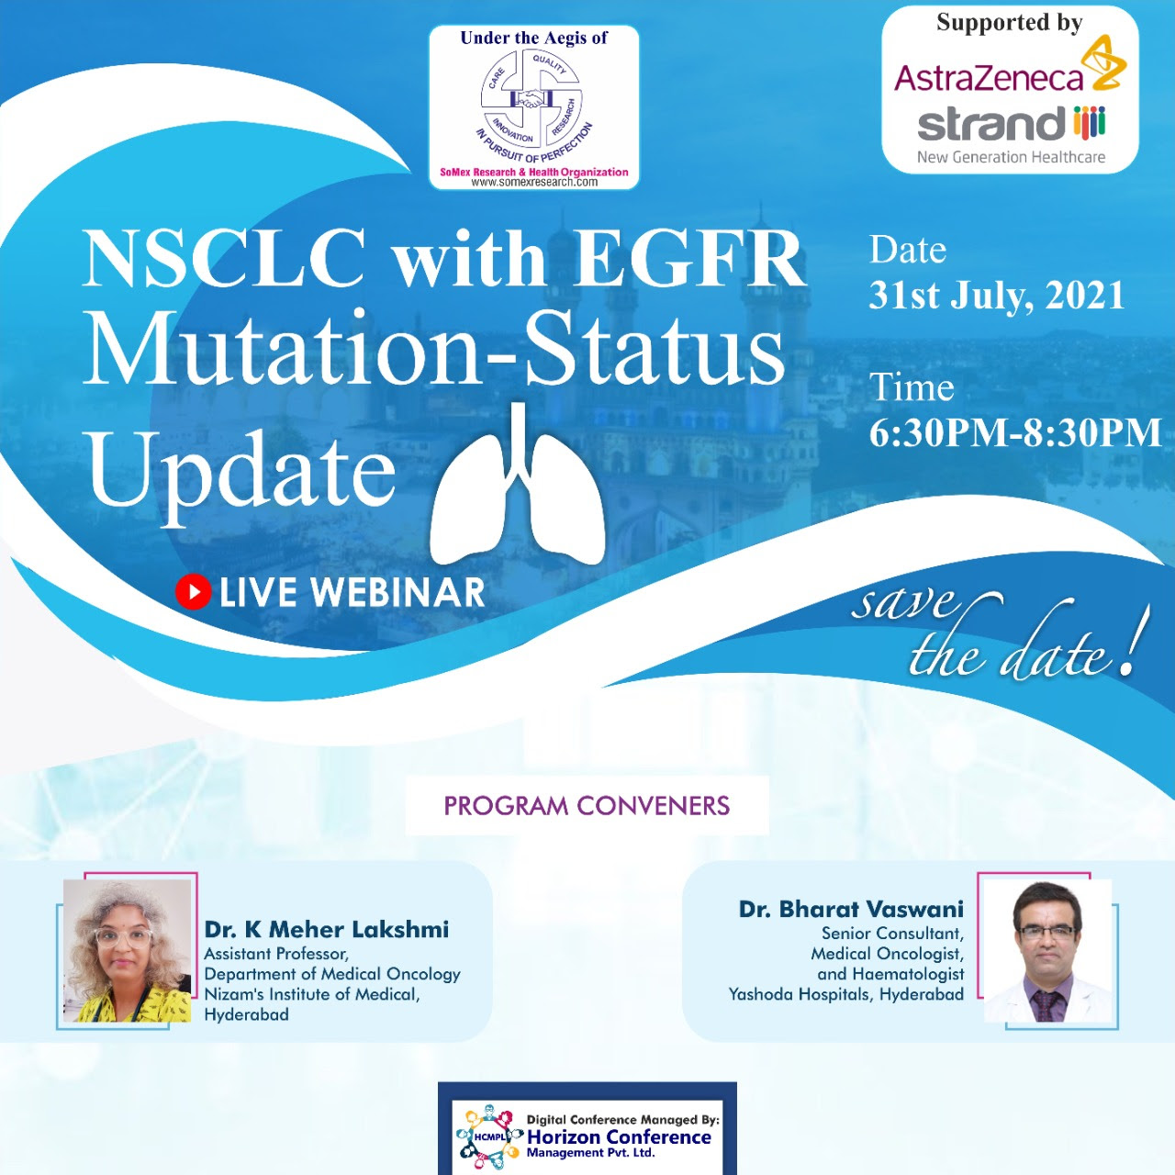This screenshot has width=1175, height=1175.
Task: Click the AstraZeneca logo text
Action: (x=989, y=77)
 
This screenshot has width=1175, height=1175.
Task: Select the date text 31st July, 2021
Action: (x=996, y=297)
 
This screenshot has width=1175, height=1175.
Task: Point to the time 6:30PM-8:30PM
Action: (x=1015, y=433)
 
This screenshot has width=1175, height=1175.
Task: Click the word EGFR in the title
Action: (x=690, y=259)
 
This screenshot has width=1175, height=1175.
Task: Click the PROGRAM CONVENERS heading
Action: (x=587, y=805)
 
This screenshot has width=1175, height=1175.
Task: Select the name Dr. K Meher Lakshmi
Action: (x=326, y=929)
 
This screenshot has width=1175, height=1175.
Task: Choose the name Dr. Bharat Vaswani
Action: (x=851, y=909)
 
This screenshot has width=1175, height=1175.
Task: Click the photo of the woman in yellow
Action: (x=127, y=951)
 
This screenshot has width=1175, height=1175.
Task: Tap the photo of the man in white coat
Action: (x=1048, y=951)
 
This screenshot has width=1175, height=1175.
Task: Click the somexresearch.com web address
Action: (x=533, y=183)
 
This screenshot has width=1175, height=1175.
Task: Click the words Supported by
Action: (x=1009, y=23)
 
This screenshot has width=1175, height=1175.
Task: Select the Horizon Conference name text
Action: (x=619, y=1137)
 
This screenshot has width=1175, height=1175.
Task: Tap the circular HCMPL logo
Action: (x=489, y=1137)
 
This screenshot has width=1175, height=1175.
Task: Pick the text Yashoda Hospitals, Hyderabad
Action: (x=846, y=994)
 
